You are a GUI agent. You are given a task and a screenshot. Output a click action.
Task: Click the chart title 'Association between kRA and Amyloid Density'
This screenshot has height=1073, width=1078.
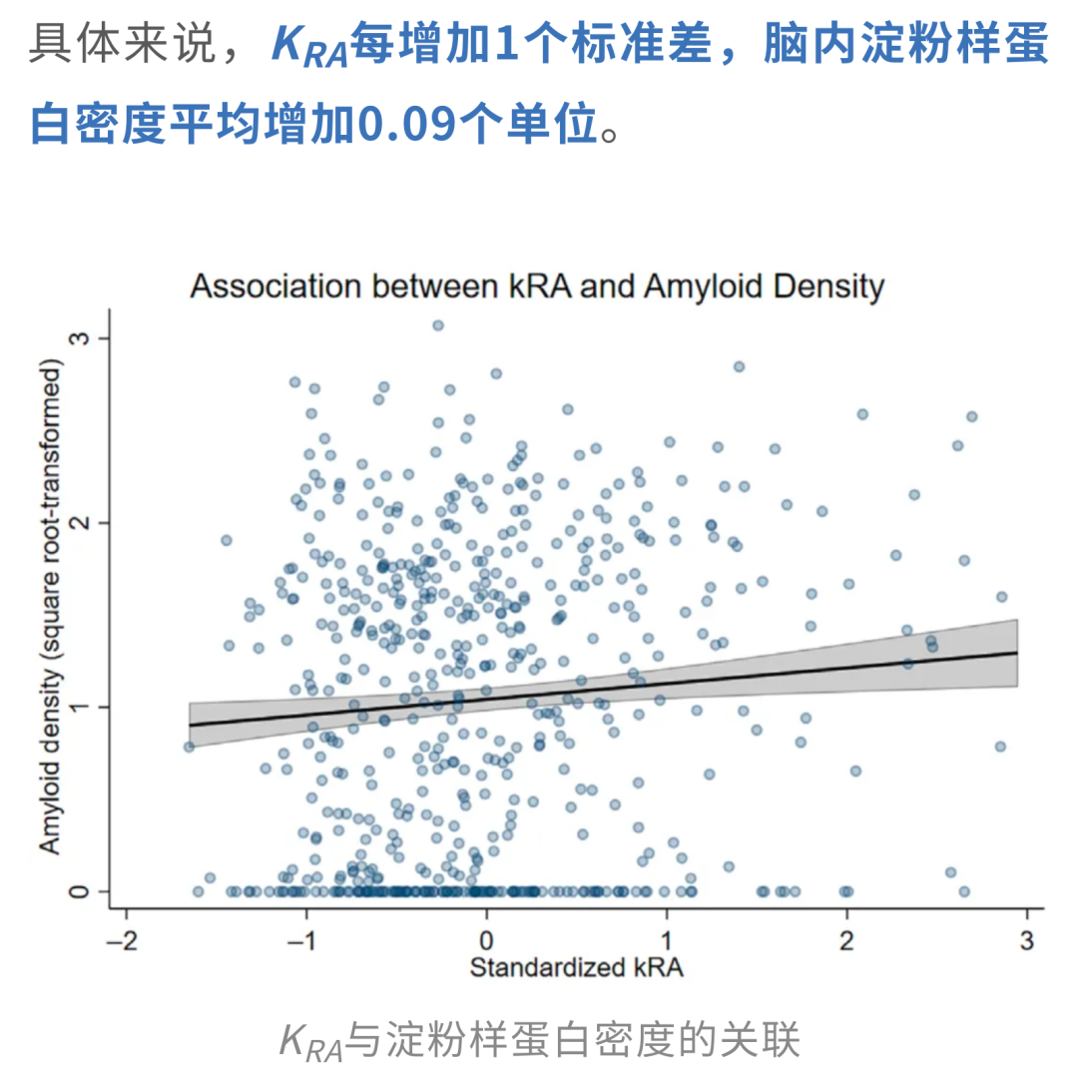point(537,286)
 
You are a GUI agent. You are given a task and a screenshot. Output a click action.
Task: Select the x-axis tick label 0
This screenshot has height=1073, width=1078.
point(486,939)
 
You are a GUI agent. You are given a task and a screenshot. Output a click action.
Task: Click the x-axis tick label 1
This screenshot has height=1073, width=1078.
point(666,939)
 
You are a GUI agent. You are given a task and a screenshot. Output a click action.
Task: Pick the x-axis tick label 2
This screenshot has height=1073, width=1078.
point(846,939)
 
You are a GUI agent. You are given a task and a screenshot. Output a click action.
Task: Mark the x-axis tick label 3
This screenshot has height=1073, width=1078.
point(1027,939)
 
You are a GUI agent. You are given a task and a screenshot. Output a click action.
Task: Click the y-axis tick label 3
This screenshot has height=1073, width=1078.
point(79,338)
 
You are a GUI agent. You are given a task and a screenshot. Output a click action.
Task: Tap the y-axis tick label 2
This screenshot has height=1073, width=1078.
point(79,522)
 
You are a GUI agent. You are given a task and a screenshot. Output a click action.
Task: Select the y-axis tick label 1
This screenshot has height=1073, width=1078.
point(79,707)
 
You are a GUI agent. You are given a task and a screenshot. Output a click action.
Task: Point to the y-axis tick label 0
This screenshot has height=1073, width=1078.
point(79,891)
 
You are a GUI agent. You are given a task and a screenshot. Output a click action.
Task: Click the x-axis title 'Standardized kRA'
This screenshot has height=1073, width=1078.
point(576,968)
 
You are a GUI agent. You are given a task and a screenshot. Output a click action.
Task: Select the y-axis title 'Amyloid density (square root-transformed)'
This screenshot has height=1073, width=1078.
point(51,606)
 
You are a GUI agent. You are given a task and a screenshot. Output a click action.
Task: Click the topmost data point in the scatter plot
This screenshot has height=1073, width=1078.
point(438,325)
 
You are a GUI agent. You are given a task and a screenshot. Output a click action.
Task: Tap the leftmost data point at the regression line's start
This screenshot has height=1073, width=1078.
point(189,747)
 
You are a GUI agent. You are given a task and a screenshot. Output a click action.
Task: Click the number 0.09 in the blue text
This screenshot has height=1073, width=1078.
point(407,125)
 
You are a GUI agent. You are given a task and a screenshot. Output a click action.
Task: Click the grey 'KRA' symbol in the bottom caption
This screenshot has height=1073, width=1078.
point(310,1041)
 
